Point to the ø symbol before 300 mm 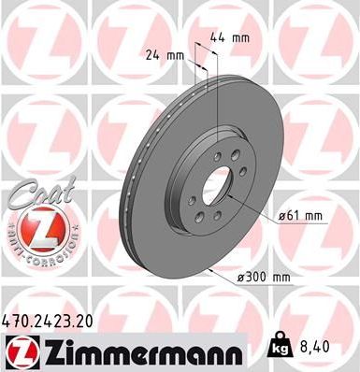243,277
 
